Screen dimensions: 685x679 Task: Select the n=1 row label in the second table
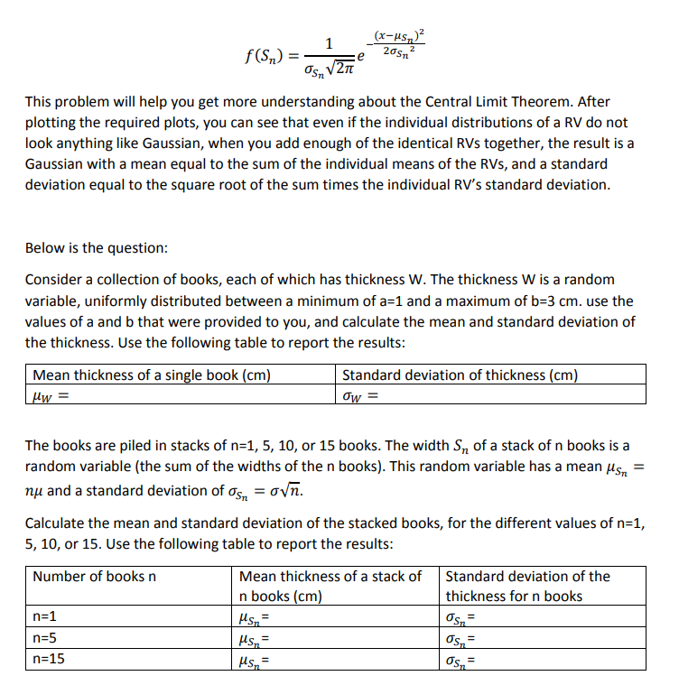(x=45, y=617)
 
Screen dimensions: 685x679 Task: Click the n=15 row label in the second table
(x=49, y=659)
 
